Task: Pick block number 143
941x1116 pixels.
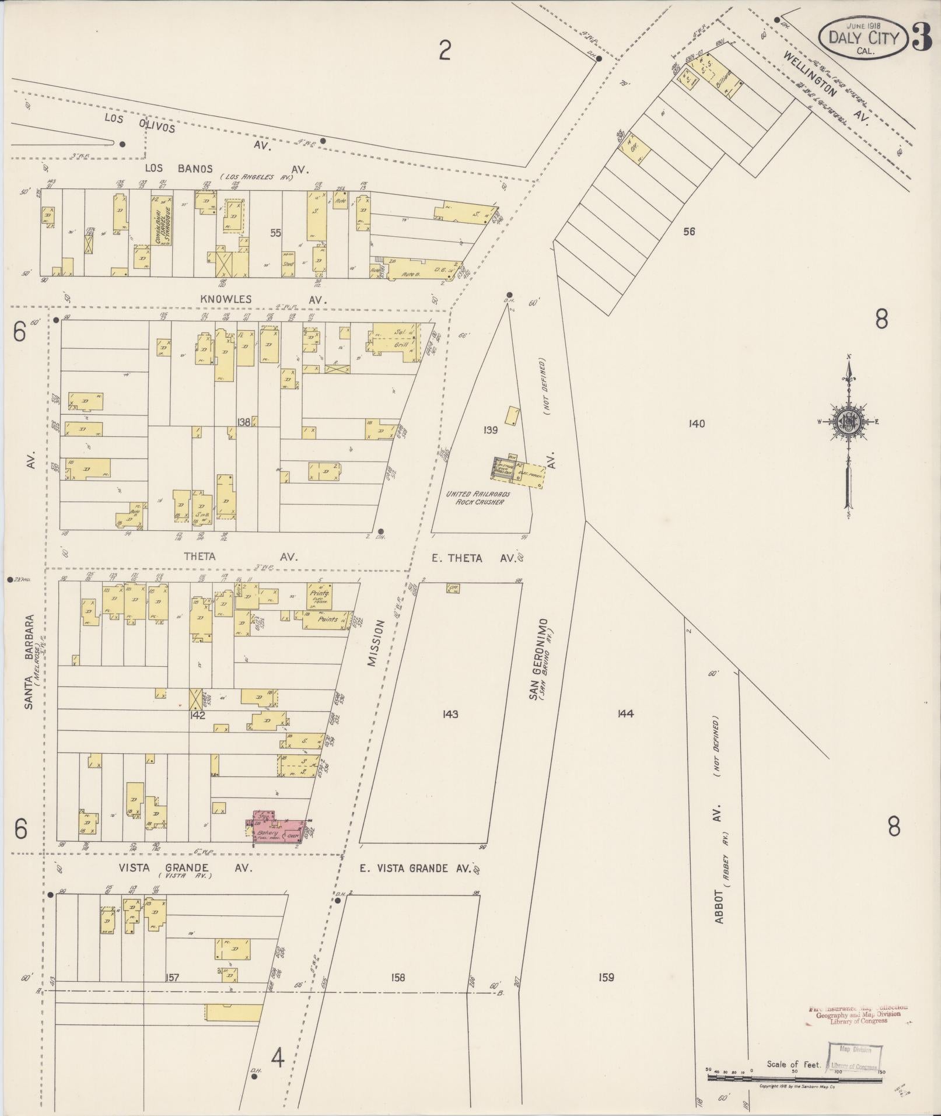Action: point(450,714)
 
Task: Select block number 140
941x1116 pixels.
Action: point(697,424)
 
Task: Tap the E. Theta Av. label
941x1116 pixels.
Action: point(474,558)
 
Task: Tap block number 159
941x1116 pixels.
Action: point(606,977)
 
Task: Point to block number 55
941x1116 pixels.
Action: point(275,233)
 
